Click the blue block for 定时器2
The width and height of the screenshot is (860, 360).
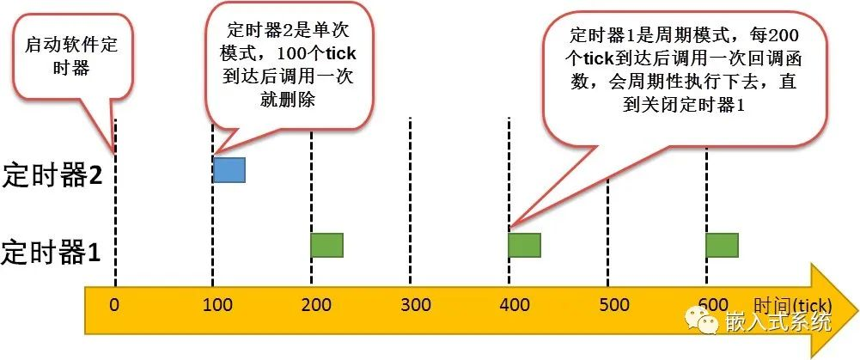(x=229, y=169)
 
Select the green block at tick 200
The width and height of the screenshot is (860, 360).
(x=326, y=245)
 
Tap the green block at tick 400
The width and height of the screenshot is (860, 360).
(x=525, y=245)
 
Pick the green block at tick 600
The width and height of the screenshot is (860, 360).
(x=723, y=245)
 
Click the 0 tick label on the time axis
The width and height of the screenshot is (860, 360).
(x=114, y=304)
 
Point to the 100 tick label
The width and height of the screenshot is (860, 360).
(x=213, y=304)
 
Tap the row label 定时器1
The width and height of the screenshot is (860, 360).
(x=51, y=252)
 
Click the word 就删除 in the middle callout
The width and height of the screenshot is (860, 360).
(x=289, y=100)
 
